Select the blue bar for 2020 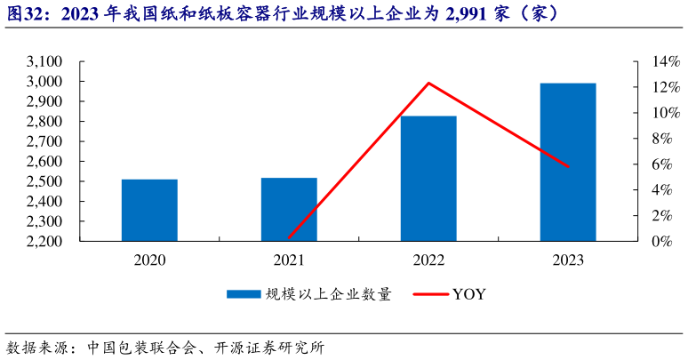click(x=149, y=210)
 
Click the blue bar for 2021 click(x=289, y=209)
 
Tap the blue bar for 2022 click(x=428, y=178)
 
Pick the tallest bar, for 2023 click(x=568, y=162)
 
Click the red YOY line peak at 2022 click(x=428, y=84)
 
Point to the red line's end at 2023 click(x=568, y=166)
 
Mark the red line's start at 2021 click(x=289, y=237)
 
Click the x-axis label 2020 click(x=149, y=260)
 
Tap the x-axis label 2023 click(x=568, y=260)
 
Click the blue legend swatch click(x=243, y=294)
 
